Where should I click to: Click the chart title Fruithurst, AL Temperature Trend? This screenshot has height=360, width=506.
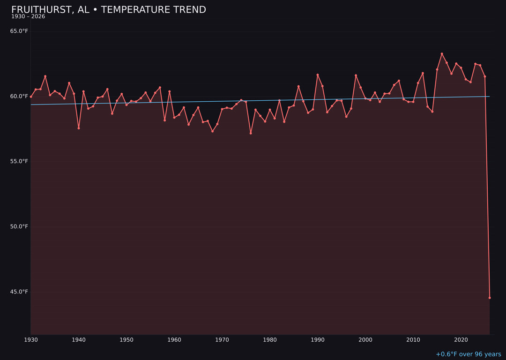tap(109, 10)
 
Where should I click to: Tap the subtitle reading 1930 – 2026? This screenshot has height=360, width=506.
tap(28, 17)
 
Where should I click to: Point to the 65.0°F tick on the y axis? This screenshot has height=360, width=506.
tap(20, 31)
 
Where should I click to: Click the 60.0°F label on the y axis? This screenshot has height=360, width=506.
tap(20, 97)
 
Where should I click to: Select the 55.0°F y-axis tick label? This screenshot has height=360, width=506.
tap(20, 162)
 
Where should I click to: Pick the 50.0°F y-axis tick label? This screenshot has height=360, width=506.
tap(20, 227)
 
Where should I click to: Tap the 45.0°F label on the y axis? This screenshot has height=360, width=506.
tap(20, 292)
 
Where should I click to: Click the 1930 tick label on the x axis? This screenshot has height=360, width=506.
tap(31, 340)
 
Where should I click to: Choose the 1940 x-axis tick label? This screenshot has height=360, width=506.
tap(79, 340)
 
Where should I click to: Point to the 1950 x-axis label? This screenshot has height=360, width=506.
tap(126, 340)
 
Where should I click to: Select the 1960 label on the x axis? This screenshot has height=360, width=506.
tap(174, 340)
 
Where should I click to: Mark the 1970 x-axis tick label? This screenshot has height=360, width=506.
tap(222, 340)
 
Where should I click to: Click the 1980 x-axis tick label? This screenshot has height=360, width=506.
tap(270, 340)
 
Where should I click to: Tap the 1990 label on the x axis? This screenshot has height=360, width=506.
tap(318, 340)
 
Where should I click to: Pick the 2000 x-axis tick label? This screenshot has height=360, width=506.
tap(365, 340)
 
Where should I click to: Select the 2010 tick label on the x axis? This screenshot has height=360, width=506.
tap(413, 340)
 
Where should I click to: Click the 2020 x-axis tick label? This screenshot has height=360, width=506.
tap(461, 340)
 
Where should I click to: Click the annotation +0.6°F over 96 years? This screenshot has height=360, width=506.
tap(468, 354)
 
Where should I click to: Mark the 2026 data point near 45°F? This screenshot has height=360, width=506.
tap(490, 298)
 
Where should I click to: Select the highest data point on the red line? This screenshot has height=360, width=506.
tap(442, 54)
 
